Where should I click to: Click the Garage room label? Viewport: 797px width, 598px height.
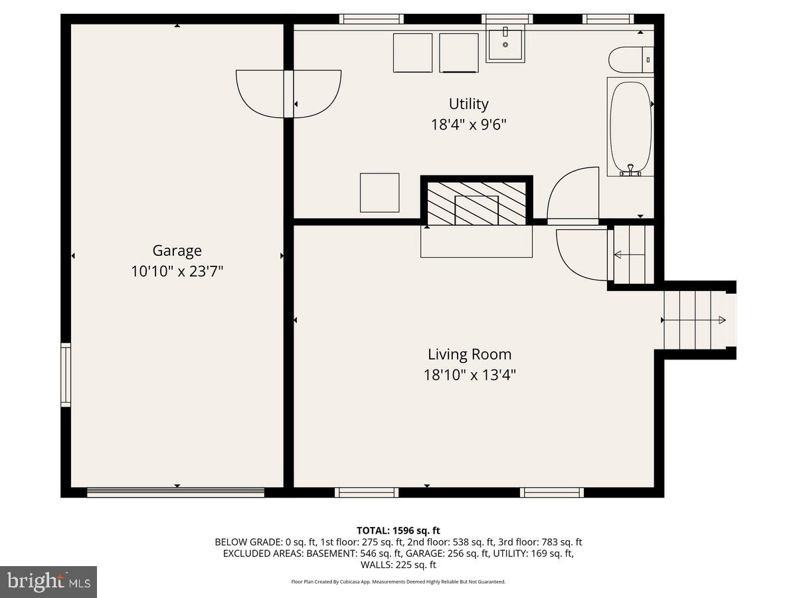[177, 250]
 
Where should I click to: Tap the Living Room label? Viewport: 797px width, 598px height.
[469, 354]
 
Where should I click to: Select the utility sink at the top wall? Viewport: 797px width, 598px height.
[505, 43]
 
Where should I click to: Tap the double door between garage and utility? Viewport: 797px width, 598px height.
[289, 93]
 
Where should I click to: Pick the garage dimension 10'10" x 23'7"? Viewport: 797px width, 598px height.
[177, 271]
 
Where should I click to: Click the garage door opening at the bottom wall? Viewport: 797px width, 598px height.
[176, 492]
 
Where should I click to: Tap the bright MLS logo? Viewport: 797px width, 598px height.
[48, 582]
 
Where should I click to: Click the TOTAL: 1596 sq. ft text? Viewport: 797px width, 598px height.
[398, 530]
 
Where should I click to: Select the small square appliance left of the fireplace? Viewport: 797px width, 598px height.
[380, 193]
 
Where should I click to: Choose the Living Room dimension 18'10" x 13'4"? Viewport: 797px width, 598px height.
[469, 375]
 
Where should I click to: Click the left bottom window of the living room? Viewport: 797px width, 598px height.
[367, 492]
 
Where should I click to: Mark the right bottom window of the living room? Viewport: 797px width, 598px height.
[551, 492]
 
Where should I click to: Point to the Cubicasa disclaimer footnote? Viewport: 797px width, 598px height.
[398, 581]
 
